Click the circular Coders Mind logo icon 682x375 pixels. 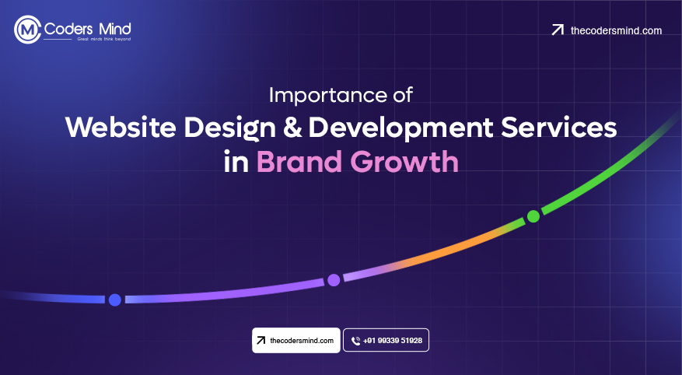[27, 30]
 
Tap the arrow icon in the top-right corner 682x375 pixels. [557, 30]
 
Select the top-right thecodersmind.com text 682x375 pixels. [616, 30]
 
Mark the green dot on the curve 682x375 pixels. [533, 216]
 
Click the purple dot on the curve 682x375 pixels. [334, 279]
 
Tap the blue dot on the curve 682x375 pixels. [114, 300]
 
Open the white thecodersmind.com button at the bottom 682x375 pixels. [296, 341]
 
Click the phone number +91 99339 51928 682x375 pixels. [393, 341]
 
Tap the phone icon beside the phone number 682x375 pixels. [355, 341]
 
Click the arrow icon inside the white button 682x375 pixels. [261, 341]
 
